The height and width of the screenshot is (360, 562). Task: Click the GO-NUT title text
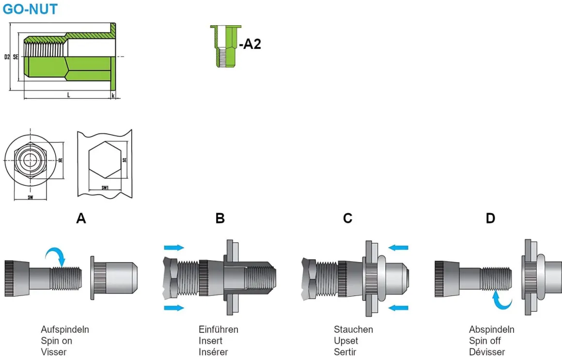(30, 9)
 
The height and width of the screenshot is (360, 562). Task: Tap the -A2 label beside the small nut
(250, 44)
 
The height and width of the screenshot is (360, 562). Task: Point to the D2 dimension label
(7, 57)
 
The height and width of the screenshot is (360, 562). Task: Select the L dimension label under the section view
(68, 95)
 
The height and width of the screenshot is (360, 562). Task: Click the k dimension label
(113, 96)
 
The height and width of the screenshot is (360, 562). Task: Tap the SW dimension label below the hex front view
(30, 198)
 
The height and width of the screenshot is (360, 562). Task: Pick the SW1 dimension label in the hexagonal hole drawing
(104, 187)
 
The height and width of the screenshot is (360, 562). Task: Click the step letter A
(81, 219)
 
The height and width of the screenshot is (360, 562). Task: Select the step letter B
(220, 219)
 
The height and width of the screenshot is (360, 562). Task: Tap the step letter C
(347, 219)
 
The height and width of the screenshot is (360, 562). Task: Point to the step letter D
(490, 219)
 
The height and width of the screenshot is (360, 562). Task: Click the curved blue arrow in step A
(56, 255)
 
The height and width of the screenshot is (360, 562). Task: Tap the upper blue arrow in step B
(174, 248)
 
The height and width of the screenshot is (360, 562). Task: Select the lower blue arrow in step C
(399, 307)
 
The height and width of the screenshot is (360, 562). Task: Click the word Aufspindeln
(65, 329)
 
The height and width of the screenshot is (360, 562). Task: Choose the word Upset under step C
(346, 341)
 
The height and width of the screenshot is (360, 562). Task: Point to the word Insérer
(213, 352)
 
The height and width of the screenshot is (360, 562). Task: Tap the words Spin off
(485, 341)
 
